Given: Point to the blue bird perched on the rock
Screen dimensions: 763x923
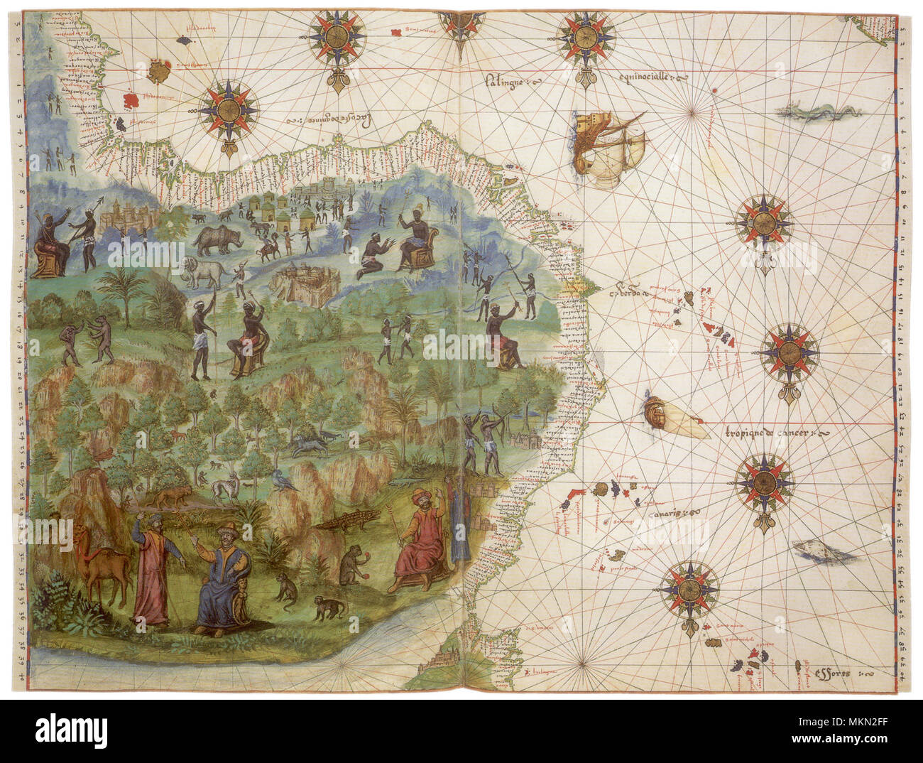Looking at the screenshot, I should coord(285,480).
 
